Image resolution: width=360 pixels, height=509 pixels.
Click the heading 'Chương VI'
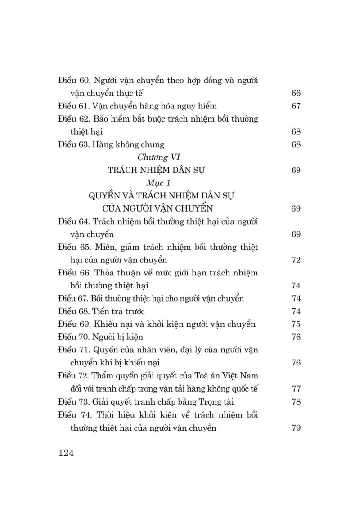pos(156,157)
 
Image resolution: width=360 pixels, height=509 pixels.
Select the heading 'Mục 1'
pos(156,183)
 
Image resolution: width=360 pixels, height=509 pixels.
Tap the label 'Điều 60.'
pos(74,81)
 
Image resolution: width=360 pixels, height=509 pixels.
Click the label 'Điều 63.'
pos(74,144)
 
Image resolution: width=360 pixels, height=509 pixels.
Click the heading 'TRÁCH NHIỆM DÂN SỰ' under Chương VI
pos(156,170)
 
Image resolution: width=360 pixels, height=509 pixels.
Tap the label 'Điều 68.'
pos(74,311)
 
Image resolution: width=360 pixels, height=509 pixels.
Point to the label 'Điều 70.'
pos(74,337)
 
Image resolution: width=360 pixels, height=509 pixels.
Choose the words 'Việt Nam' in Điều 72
pos(243,375)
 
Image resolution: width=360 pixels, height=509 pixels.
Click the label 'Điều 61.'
pos(74,106)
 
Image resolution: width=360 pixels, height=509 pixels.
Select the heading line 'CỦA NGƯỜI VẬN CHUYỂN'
pos(156,208)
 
